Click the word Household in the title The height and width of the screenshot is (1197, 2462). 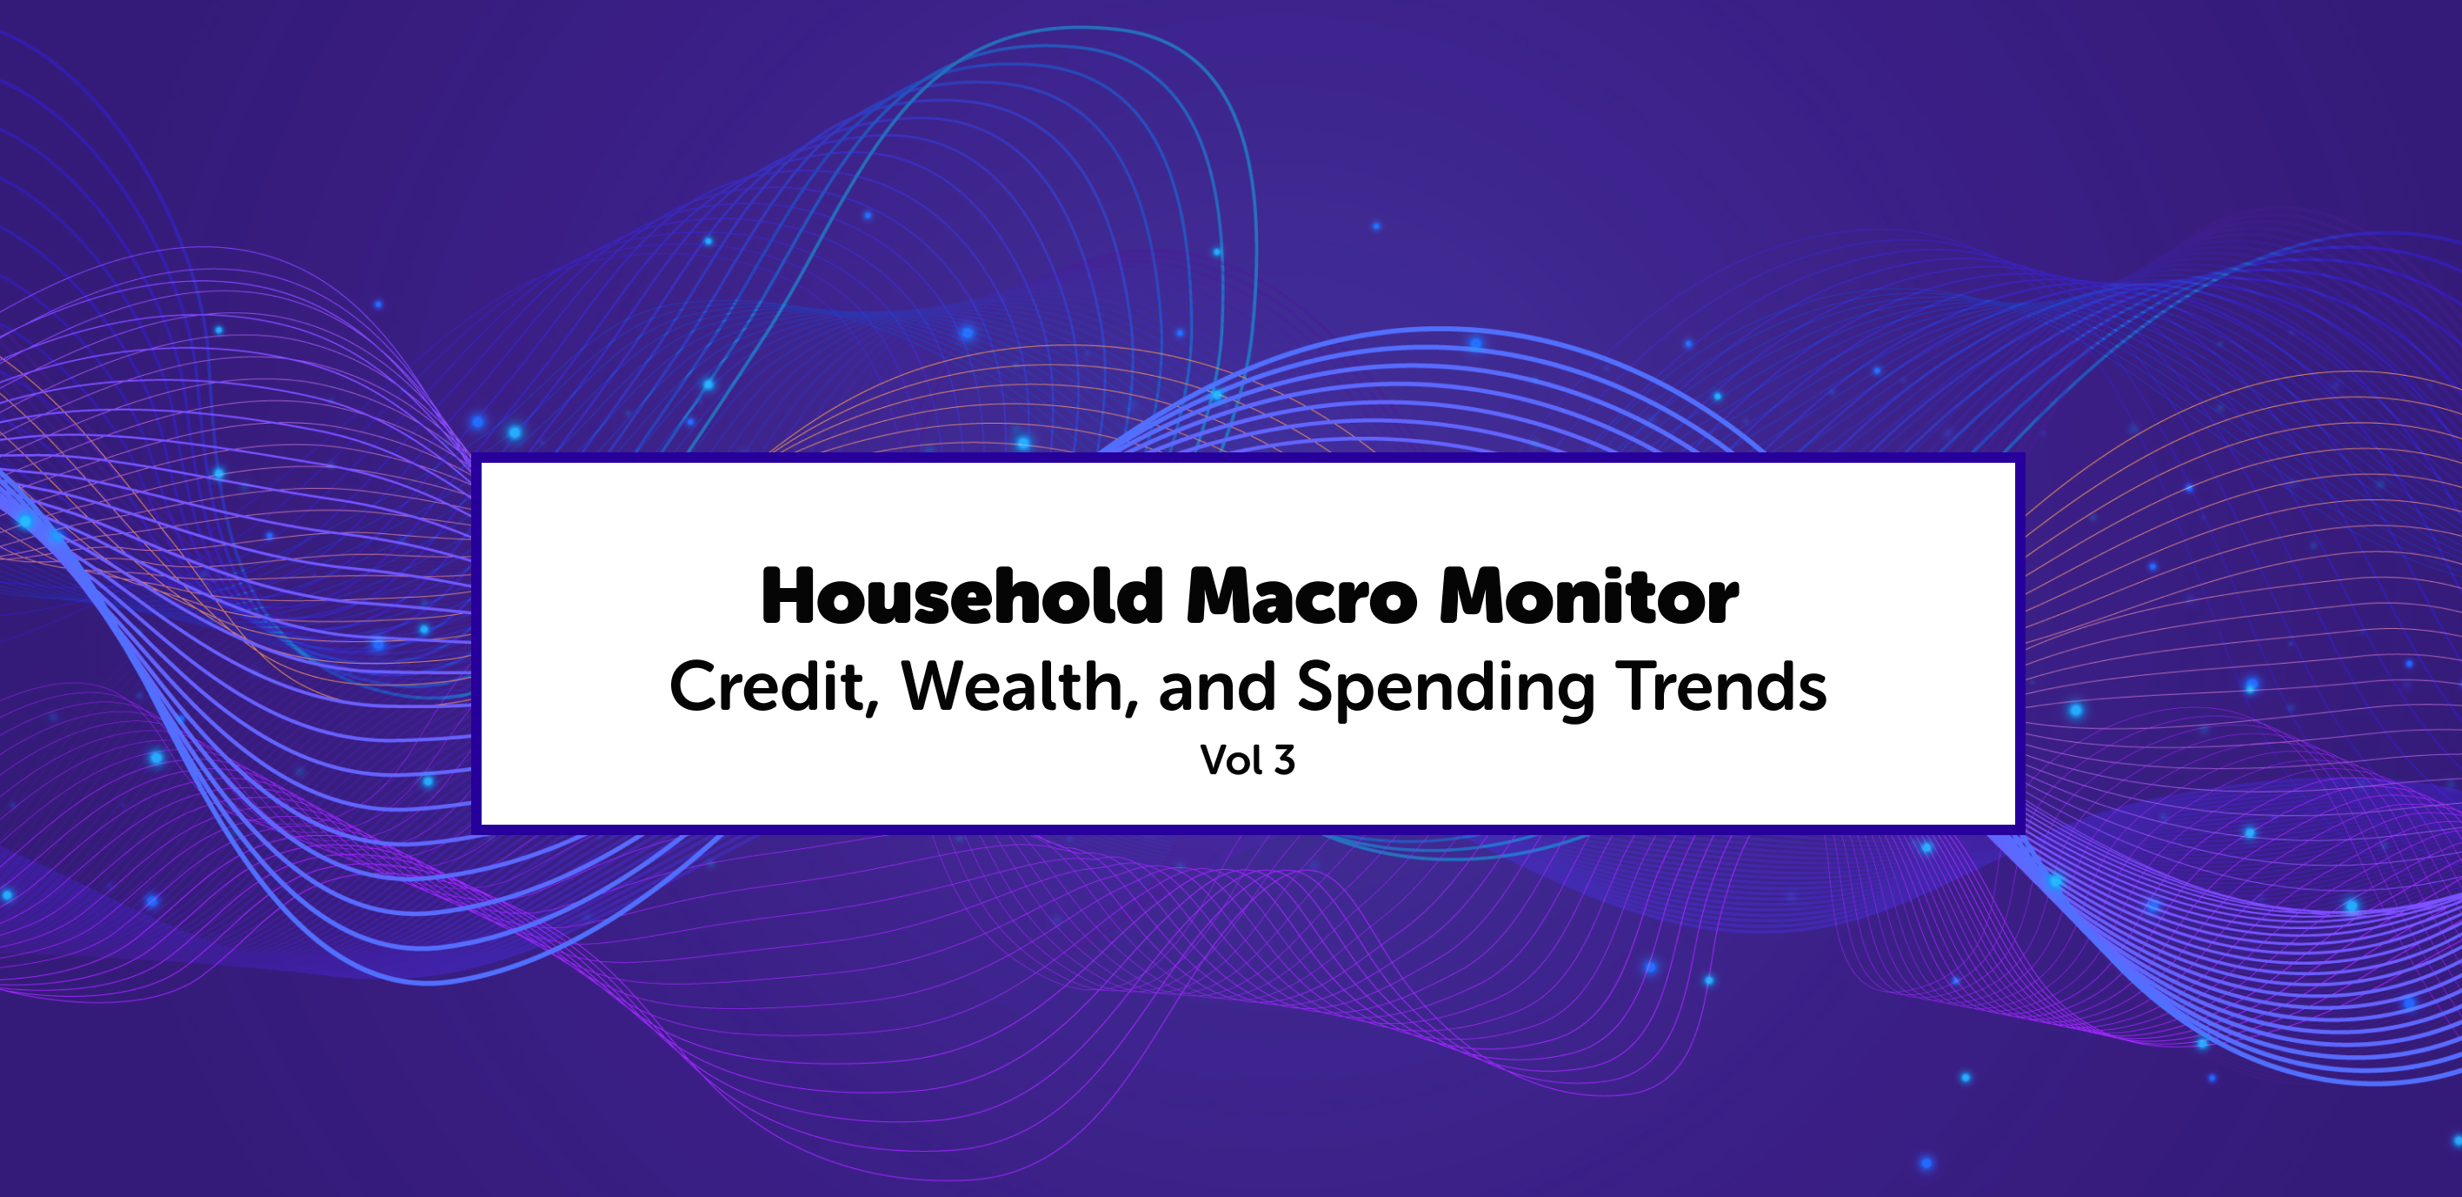click(962, 596)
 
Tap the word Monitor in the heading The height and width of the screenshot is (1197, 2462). click(1588, 597)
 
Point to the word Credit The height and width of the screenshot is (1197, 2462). click(767, 685)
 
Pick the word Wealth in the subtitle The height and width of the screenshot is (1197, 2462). click(1013, 685)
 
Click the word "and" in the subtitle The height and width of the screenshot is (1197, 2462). click(1218, 685)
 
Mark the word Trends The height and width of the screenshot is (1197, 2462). click(1721, 685)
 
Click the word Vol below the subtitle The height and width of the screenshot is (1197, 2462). click(1232, 760)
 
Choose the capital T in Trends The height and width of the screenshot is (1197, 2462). click(1636, 685)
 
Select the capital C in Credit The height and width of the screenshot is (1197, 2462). click(693, 685)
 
